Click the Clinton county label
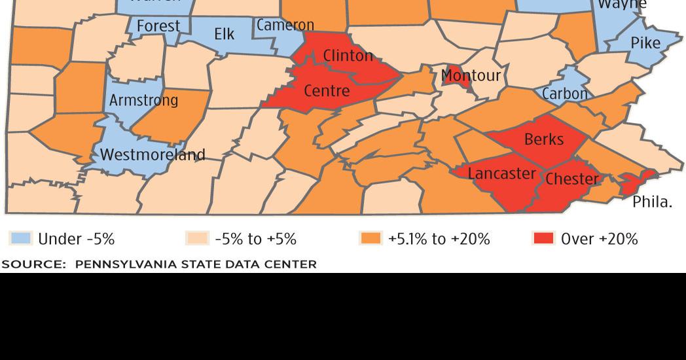tap(348, 56)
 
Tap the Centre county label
tap(327, 91)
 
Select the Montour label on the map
tap(471, 75)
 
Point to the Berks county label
tap(543, 139)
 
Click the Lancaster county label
tap(502, 173)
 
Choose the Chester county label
tap(572, 179)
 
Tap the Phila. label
tap(652, 202)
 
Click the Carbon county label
tap(565, 94)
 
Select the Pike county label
tap(645, 44)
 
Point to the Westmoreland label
tap(153, 155)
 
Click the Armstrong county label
tap(143, 101)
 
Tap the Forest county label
tap(158, 26)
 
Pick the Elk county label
tap(224, 34)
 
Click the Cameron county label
tap(285, 26)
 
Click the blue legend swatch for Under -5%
tap(20, 239)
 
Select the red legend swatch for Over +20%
tap(543, 239)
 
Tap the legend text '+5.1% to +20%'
tap(439, 239)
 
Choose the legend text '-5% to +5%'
tap(255, 239)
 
